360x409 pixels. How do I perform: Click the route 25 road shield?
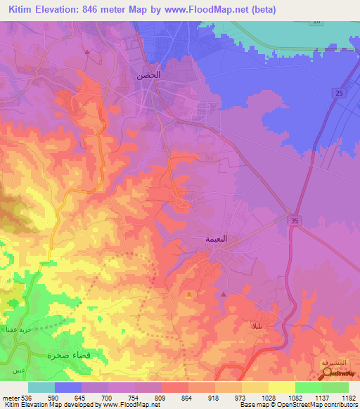pos(339,93)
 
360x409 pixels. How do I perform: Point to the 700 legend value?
pos(108,397)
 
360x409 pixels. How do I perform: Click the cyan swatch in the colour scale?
pos(41,387)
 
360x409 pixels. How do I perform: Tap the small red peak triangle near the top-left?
pos(86,52)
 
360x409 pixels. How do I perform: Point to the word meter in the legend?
pos(10,397)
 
